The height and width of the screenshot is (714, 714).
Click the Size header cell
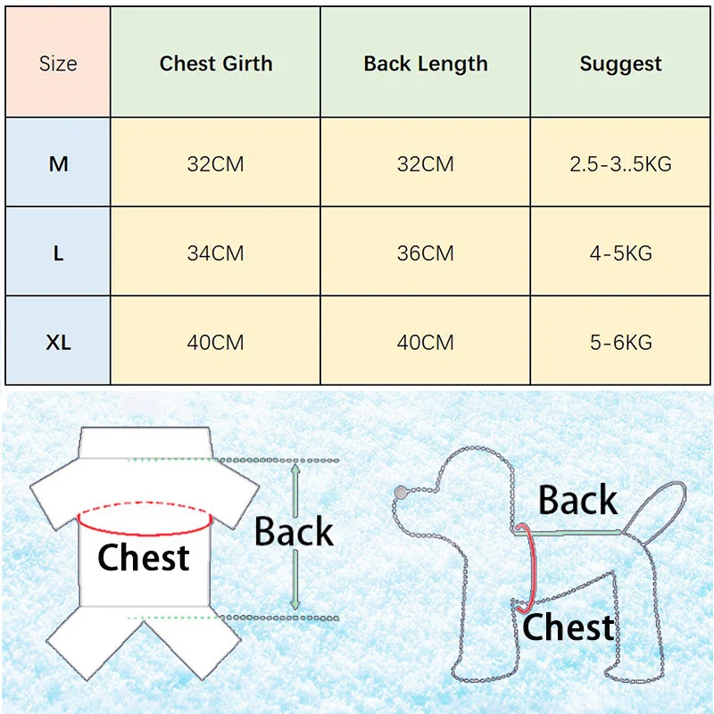58,64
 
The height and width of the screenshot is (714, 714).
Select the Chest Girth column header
215,64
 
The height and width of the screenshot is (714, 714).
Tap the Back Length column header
426,64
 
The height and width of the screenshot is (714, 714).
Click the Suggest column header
620,64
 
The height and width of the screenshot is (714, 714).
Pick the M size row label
58,164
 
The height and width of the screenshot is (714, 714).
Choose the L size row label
58,253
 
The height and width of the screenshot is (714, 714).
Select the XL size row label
58,343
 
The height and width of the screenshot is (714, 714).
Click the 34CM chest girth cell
215,253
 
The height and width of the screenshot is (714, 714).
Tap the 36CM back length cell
426,253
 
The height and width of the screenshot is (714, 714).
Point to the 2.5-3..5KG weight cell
620,164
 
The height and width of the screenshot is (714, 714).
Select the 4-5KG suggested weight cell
620,253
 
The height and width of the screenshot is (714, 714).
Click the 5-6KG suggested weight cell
620,343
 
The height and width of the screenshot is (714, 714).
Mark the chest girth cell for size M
215,164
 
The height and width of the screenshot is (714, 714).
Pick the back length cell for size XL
426,343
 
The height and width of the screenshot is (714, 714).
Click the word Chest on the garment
143,558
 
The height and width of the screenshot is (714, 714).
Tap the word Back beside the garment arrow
294,532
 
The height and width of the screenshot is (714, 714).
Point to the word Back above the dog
577,501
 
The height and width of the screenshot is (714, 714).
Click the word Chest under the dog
569,627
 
